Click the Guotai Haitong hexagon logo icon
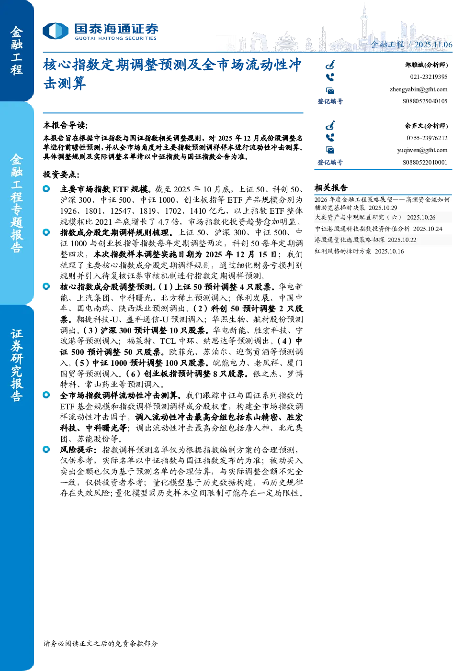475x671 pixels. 56,31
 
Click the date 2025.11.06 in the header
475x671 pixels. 433,44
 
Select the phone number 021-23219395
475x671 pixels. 429,77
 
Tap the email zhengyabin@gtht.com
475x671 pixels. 418,89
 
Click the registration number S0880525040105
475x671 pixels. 425,101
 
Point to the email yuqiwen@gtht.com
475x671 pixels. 422,150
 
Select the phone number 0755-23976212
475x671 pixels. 427,138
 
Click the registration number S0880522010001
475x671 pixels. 425,162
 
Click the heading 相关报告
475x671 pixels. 331,188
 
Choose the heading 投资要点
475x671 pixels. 61,175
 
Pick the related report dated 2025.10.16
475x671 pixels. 359,251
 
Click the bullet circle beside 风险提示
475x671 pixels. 46,450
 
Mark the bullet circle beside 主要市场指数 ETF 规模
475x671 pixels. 46,189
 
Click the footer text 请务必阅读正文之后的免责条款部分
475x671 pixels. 101,643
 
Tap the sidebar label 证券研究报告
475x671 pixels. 16,365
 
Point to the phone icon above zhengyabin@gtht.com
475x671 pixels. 330,77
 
